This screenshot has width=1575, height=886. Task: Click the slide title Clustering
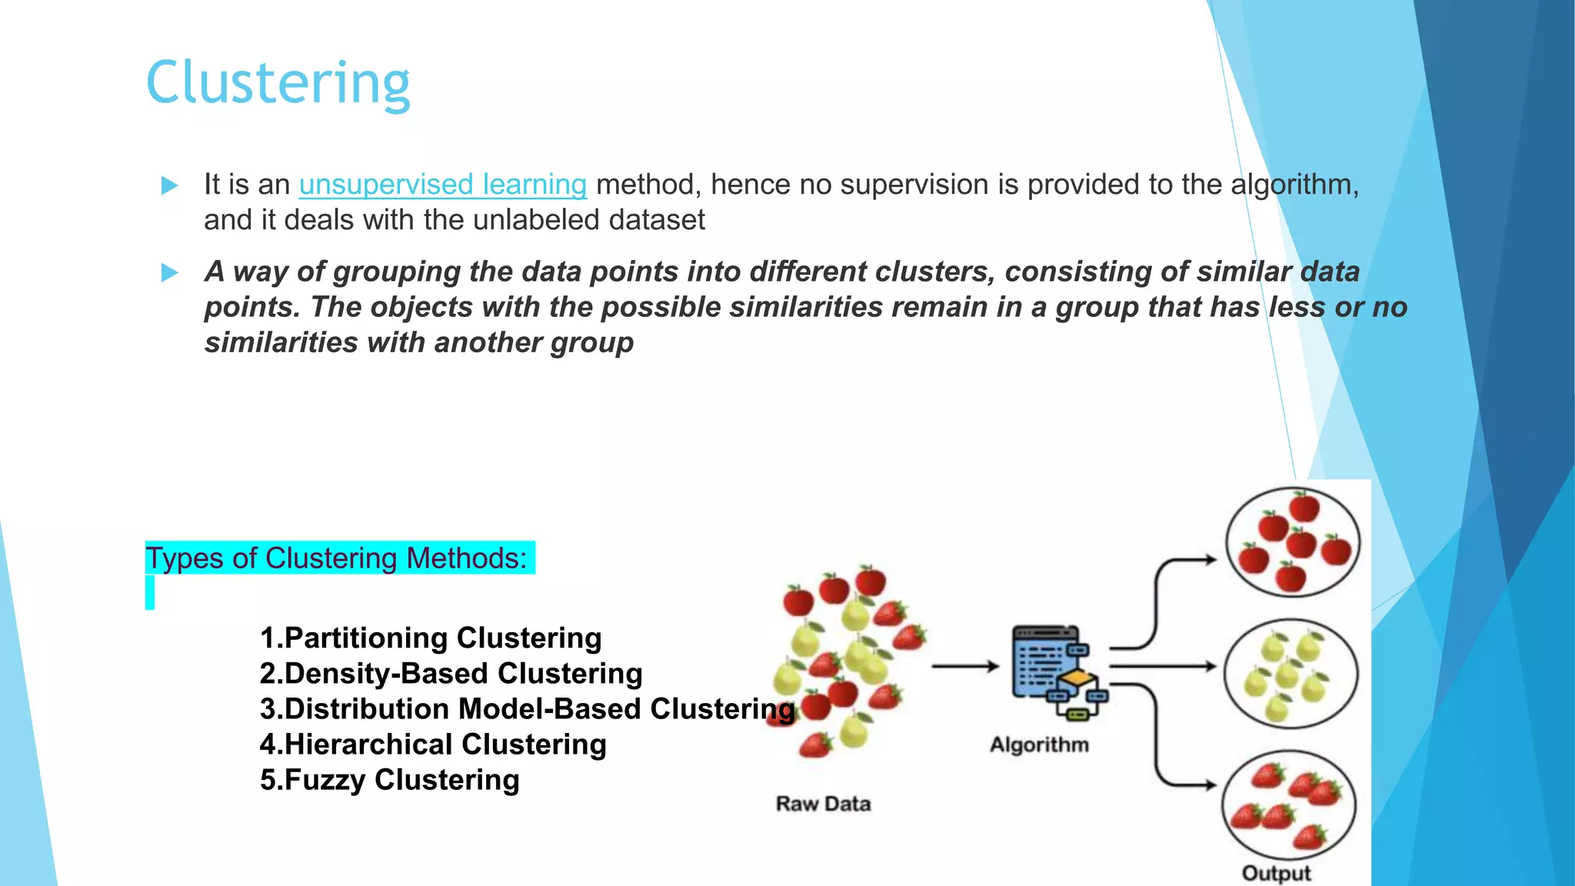pyautogui.click(x=278, y=83)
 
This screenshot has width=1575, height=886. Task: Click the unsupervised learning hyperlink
pyautogui.click(x=442, y=185)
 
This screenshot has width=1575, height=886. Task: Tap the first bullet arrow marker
pyautogui.click(x=170, y=185)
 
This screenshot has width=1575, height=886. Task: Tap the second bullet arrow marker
pyautogui.click(x=170, y=272)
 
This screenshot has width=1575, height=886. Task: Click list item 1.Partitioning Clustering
pyautogui.click(x=431, y=638)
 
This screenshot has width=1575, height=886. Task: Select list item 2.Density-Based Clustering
pyautogui.click(x=451, y=674)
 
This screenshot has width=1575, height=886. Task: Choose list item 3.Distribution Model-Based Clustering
pyautogui.click(x=527, y=709)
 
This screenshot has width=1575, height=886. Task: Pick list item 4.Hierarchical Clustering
pyautogui.click(x=433, y=744)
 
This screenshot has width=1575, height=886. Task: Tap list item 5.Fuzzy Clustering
pyautogui.click(x=389, y=780)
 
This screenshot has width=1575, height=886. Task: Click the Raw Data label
pyautogui.click(x=823, y=804)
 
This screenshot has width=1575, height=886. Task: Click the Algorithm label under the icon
pyautogui.click(x=1039, y=744)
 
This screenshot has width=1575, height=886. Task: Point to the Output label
pyautogui.click(x=1276, y=873)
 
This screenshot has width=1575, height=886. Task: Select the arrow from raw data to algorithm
pyautogui.click(x=964, y=666)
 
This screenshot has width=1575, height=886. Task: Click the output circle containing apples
pyautogui.click(x=1292, y=542)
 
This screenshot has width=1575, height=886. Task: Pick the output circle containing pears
pyautogui.click(x=1290, y=674)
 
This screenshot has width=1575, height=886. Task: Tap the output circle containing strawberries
pyautogui.click(x=1289, y=804)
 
